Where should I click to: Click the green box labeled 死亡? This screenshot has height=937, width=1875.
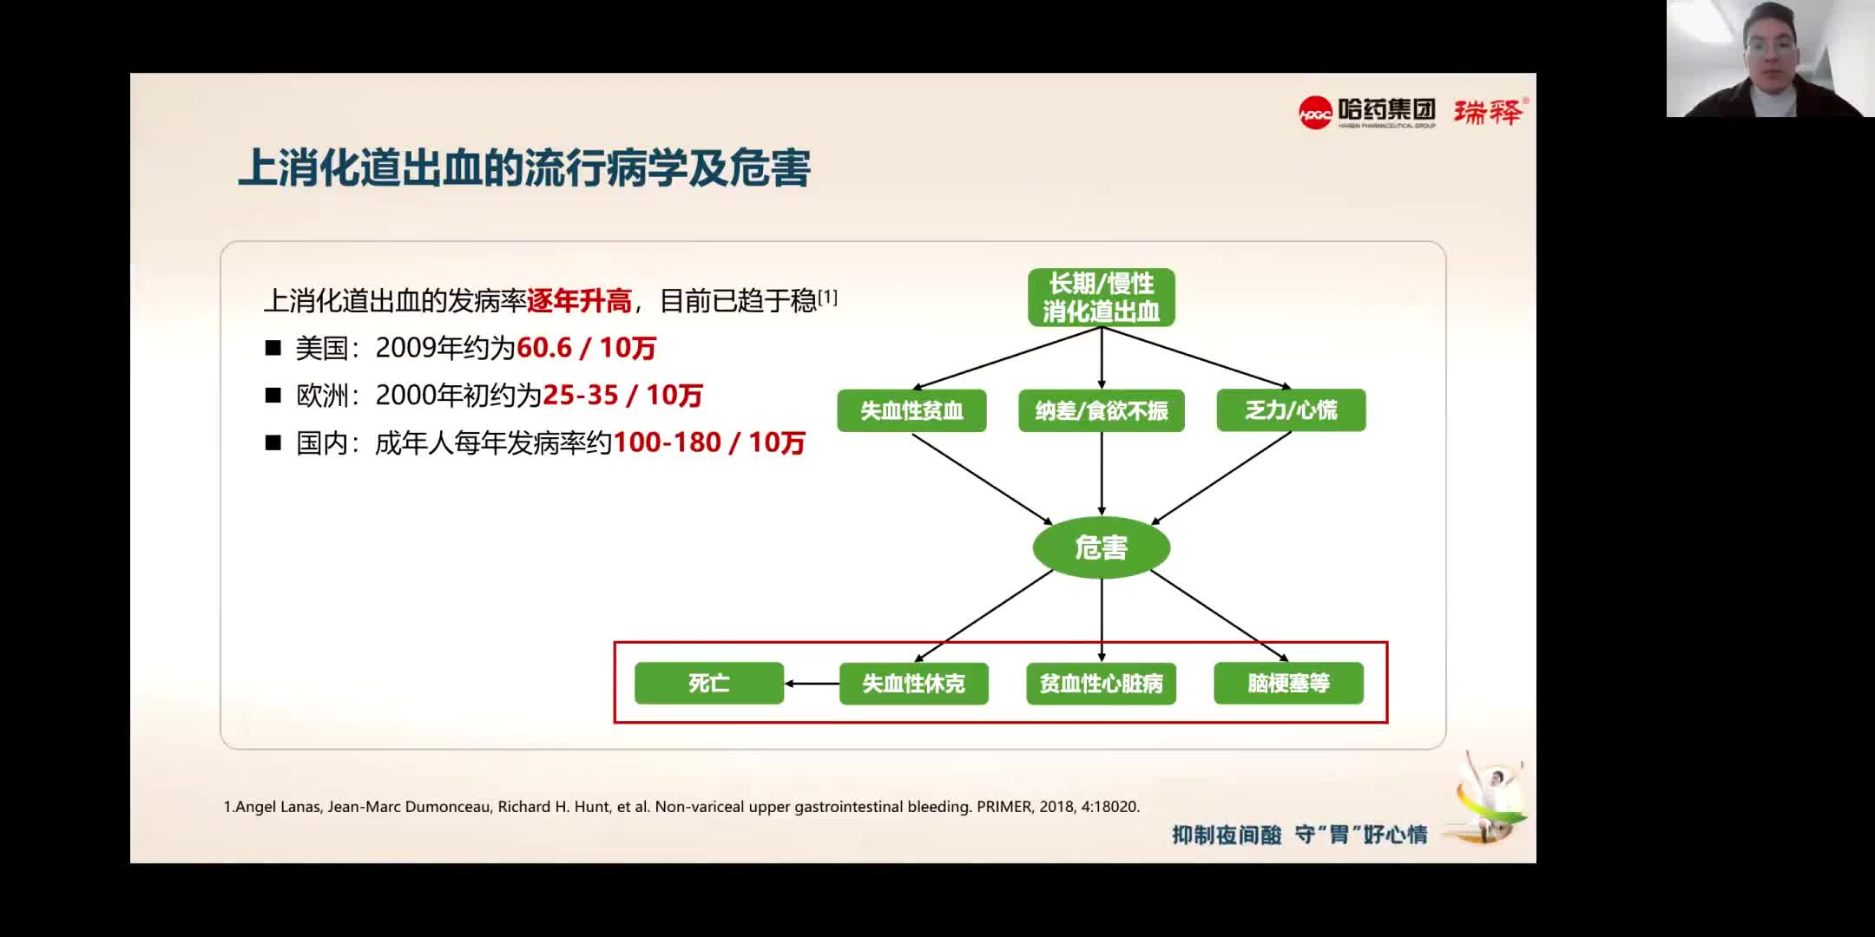tap(709, 684)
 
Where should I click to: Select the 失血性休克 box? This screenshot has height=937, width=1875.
tap(913, 684)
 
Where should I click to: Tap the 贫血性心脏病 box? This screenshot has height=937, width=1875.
tap(1101, 684)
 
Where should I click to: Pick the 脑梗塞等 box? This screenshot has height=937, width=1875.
tap(1288, 684)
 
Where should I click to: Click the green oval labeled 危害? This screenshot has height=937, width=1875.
tap(1101, 547)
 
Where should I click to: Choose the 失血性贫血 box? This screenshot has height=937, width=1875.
tap(911, 410)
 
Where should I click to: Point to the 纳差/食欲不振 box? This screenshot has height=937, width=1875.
tap(1101, 410)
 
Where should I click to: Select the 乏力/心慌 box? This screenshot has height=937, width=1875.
tap(1291, 410)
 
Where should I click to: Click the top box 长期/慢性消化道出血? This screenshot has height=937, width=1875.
tap(1101, 298)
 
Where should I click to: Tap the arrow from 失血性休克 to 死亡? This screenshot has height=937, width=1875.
tap(812, 684)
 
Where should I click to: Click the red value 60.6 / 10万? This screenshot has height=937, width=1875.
tap(586, 348)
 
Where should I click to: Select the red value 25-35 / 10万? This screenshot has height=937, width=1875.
tap(622, 396)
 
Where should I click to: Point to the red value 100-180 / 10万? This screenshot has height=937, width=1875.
tap(709, 443)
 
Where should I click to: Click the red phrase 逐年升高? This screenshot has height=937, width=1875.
tap(579, 301)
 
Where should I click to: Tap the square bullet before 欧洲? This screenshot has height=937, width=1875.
tap(273, 396)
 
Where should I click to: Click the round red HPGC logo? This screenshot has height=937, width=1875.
tap(1315, 113)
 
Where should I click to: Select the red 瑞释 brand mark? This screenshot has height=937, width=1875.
tap(1488, 112)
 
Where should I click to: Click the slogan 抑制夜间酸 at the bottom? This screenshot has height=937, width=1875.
tap(1226, 835)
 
